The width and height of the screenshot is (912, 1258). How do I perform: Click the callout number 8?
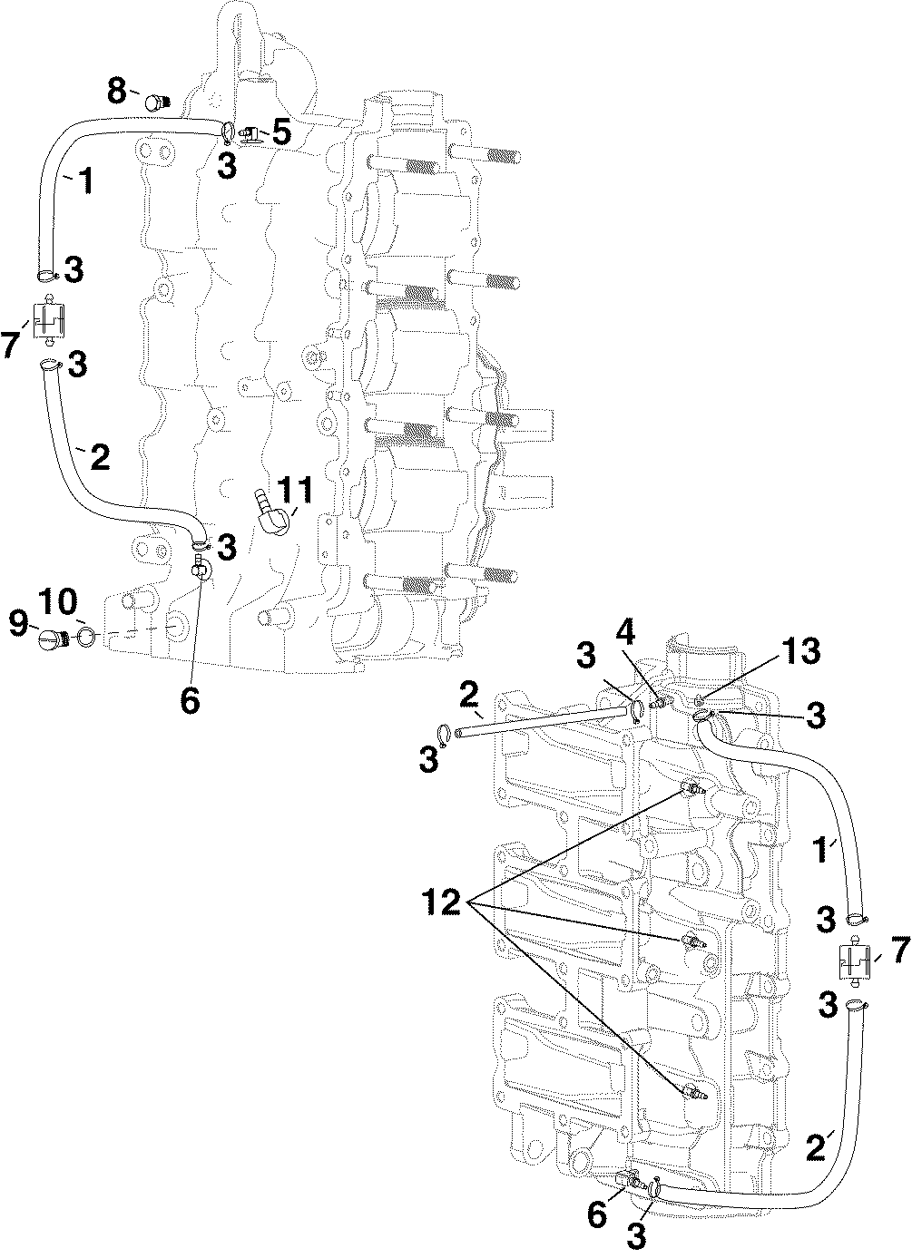click(x=117, y=91)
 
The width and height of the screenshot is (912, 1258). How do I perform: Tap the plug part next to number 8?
click(x=157, y=102)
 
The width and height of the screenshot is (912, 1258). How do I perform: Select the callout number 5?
click(x=281, y=133)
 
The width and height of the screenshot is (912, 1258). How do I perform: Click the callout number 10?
click(x=58, y=602)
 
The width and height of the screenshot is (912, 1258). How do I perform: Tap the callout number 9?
click(x=18, y=624)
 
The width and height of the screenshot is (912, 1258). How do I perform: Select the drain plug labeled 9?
click(x=54, y=639)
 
